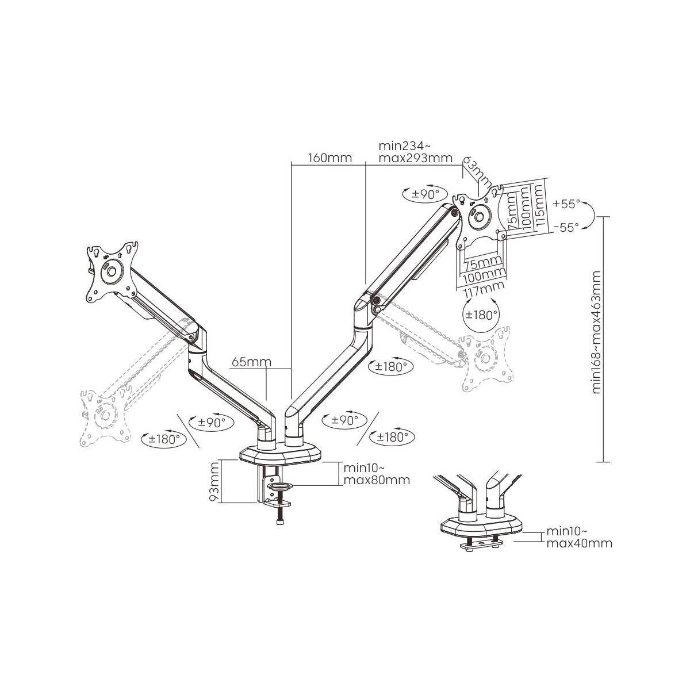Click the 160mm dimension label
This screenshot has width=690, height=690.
(x=330, y=158)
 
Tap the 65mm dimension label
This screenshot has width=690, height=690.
(x=251, y=362)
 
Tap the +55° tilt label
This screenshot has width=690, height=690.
(x=566, y=204)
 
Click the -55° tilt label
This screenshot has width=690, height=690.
(x=566, y=227)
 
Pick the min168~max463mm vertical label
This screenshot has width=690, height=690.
(x=596, y=332)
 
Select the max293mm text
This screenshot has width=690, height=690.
(x=415, y=158)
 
